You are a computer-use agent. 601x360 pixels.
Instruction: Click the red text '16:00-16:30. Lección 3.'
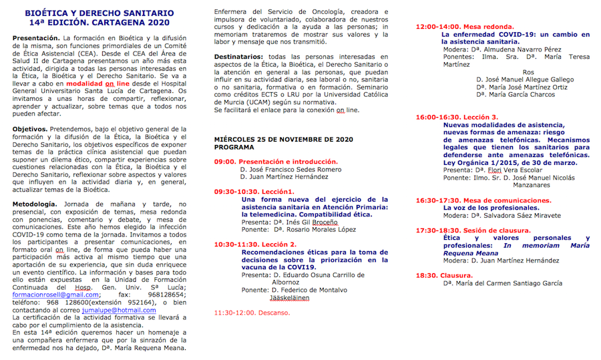pos(457,117)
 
